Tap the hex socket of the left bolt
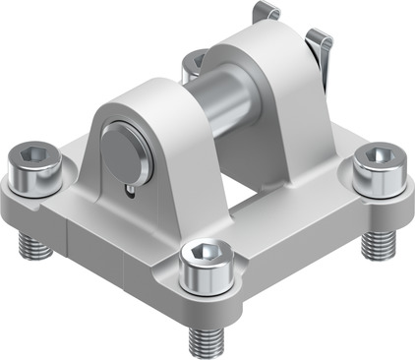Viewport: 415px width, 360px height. (x=34, y=158)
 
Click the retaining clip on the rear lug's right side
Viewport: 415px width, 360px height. (x=321, y=54)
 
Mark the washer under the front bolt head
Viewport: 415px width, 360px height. (x=205, y=285)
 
